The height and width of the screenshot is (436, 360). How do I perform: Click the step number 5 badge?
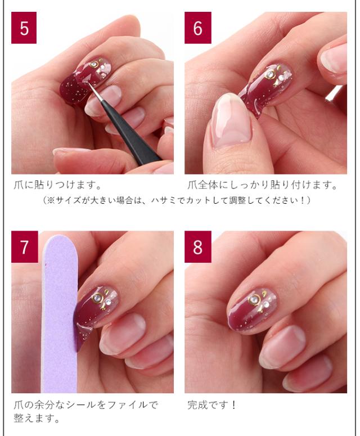click(24, 28)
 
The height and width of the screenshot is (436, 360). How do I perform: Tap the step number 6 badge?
click(197, 28)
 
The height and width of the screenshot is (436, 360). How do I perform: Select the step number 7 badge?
click(24, 246)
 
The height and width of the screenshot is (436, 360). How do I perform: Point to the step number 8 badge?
click(197, 246)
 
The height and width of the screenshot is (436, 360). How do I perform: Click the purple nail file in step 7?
click(59, 314)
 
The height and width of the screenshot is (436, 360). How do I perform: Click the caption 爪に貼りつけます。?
click(57, 185)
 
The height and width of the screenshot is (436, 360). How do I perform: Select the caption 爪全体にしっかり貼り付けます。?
click(263, 185)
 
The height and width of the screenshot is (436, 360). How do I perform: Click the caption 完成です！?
click(212, 405)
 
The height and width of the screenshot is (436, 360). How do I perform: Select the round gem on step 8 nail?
click(254, 300)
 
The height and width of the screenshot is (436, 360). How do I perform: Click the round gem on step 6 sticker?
click(269, 74)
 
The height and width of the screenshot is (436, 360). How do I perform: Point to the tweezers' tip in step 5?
click(89, 84)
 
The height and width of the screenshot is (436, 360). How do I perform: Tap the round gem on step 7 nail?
click(97, 297)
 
